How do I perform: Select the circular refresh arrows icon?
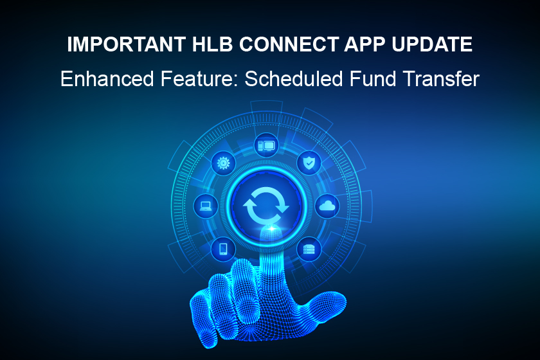(266, 205)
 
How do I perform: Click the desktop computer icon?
(266, 146)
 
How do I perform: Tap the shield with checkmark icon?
(309, 163)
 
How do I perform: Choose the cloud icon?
(327, 206)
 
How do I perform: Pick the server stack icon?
(309, 248)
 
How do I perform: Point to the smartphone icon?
(223, 248)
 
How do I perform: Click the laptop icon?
(206, 206)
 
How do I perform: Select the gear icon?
(223, 163)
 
